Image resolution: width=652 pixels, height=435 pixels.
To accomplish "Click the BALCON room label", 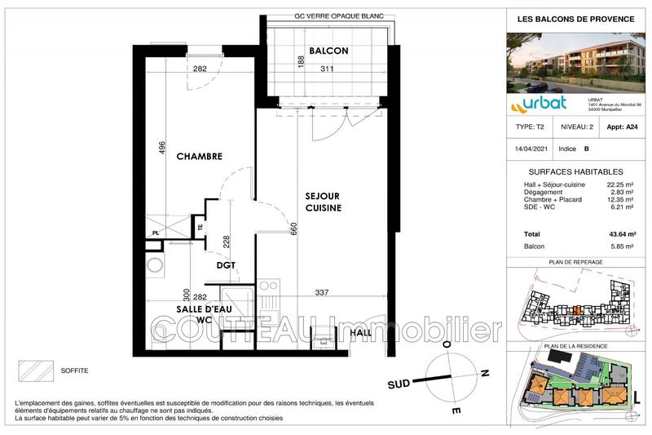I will click(328, 51).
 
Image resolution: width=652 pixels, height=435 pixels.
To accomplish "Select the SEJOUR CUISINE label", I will click(323, 202).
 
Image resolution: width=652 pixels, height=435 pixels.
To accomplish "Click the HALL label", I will click(360, 334).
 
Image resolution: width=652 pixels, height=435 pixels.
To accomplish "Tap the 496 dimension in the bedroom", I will click(161, 148).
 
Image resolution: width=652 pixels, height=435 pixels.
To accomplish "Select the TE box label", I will click(199, 228).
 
